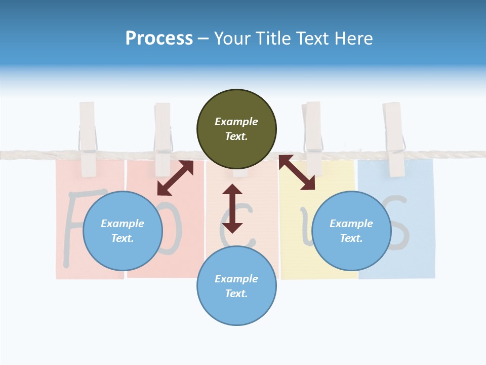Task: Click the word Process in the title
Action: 159,39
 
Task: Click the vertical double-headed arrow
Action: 232,208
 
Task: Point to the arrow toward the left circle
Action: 175,178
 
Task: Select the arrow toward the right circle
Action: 297,172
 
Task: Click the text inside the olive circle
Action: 236,129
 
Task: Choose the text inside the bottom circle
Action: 236,286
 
